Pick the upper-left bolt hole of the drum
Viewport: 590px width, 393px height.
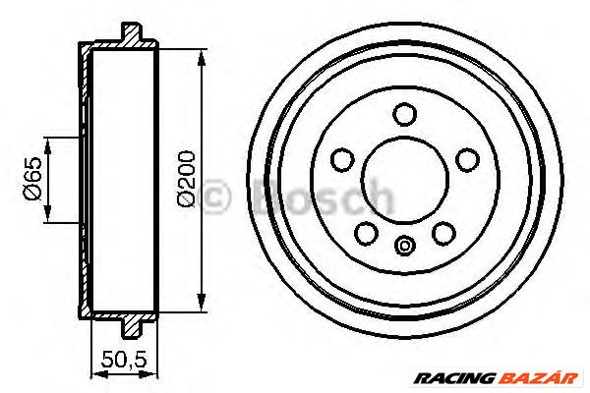[343, 157]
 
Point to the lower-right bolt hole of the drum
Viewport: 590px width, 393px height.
[443, 232]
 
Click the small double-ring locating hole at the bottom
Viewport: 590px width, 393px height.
[404, 247]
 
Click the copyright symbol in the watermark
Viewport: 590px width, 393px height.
[213, 199]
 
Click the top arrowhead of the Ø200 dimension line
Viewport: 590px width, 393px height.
[202, 56]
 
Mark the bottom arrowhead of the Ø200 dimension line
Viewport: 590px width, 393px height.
[202, 306]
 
